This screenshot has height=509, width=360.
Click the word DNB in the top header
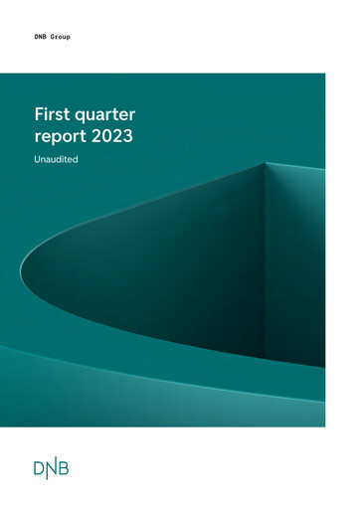click(x=41, y=36)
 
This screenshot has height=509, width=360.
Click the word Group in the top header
click(x=62, y=36)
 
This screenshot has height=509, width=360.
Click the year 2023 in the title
click(x=112, y=138)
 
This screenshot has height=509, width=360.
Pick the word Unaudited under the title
click(x=57, y=159)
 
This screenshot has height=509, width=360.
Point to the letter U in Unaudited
click(x=37, y=159)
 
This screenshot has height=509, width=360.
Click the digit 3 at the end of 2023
click(x=128, y=138)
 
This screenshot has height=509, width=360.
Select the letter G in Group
click(x=52, y=36)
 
